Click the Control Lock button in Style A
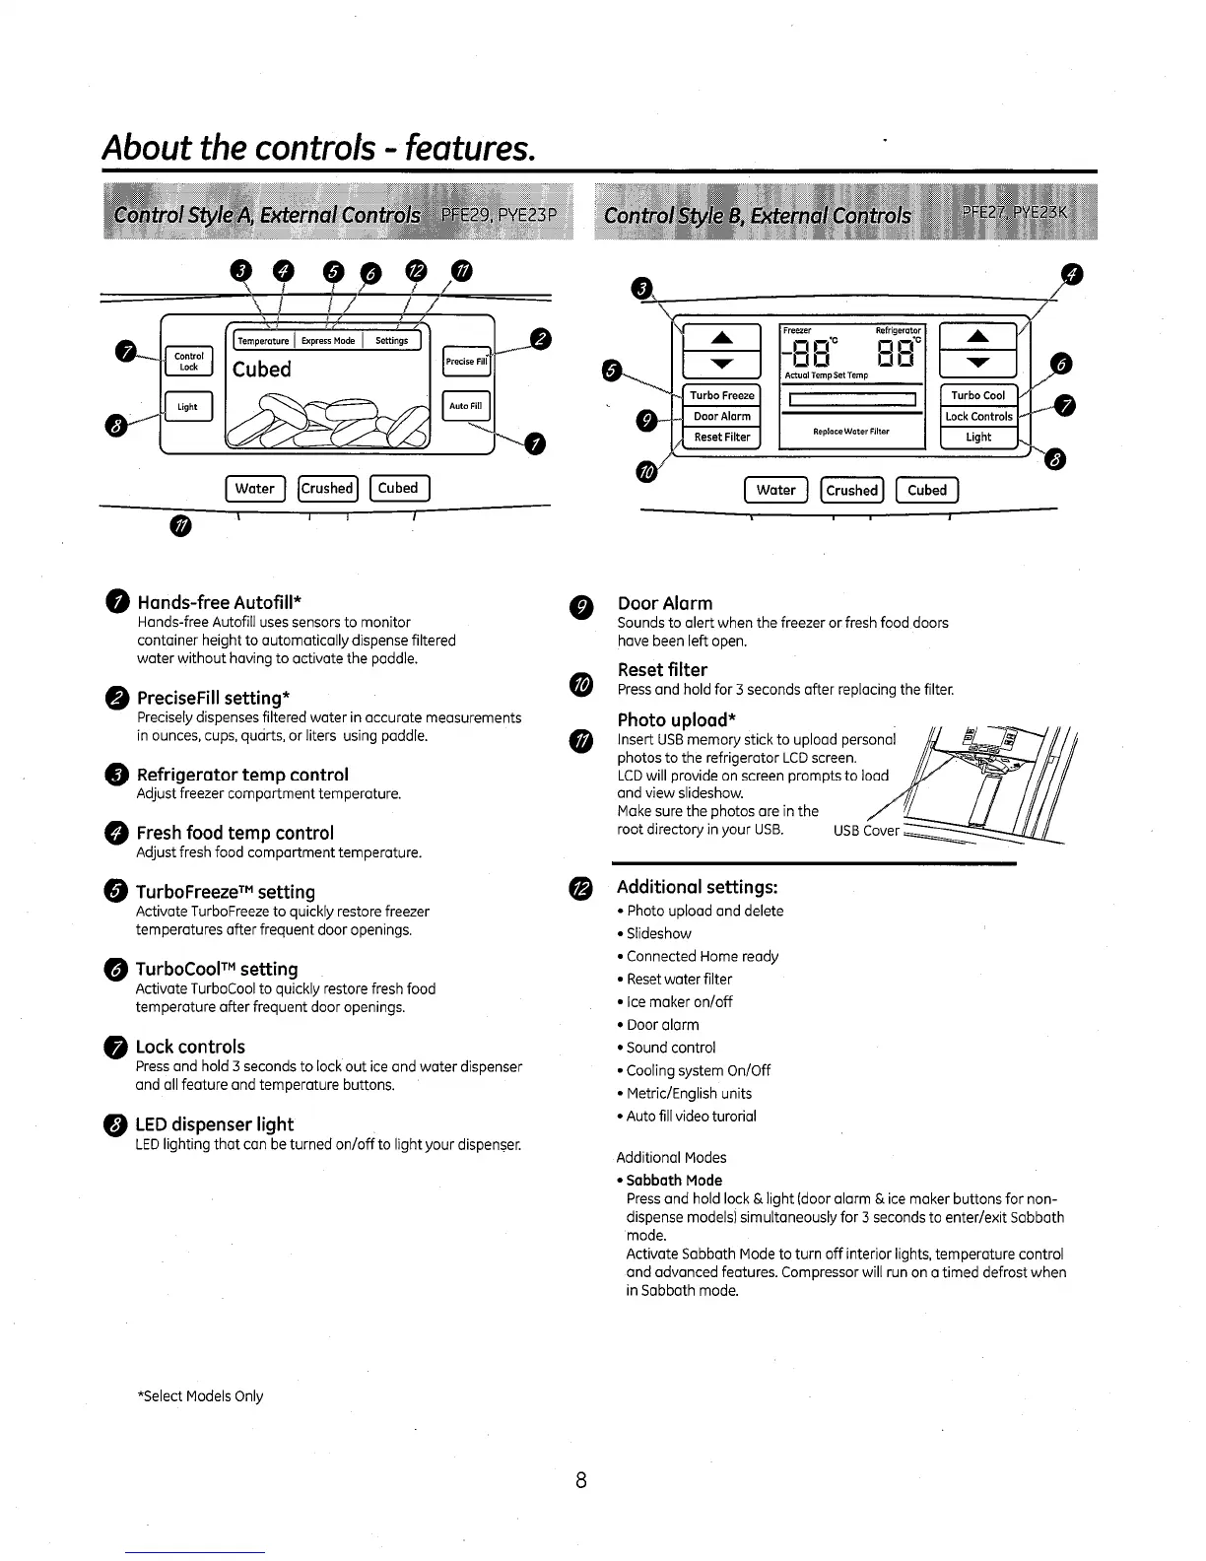[188, 361]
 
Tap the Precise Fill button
[466, 361]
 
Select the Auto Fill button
[466, 405]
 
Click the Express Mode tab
[328, 340]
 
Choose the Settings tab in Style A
[391, 340]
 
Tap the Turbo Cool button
[978, 395]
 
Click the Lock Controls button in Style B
[978, 416]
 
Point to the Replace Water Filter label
[851, 432]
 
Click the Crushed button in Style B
[851, 490]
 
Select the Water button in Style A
[254, 488]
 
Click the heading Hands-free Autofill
[219, 602]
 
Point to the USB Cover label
[866, 830]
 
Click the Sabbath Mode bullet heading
[674, 1180]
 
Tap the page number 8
[582, 1479]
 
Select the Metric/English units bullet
[689, 1093]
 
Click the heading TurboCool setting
[217, 969]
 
